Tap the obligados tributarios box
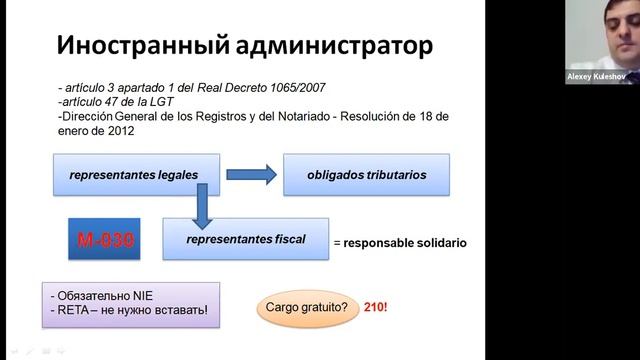pos(366,175)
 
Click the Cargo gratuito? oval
pos(307,308)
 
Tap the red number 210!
pos(375,308)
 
